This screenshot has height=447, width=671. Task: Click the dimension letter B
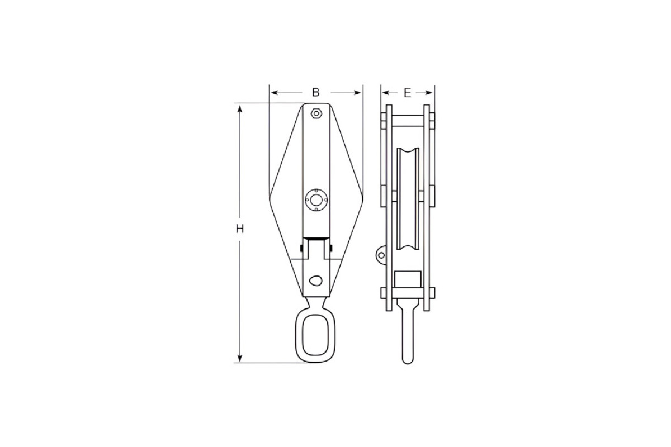coord(316,93)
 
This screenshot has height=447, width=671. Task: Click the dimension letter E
coord(408,93)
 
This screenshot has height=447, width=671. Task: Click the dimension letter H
coord(240,229)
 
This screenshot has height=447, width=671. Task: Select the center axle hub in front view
coord(316,199)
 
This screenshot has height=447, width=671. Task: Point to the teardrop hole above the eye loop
coord(315,280)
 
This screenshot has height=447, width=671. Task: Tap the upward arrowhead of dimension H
coord(240,108)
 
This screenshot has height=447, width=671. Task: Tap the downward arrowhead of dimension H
coord(240,358)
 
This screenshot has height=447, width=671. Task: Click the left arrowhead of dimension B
coord(274,93)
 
